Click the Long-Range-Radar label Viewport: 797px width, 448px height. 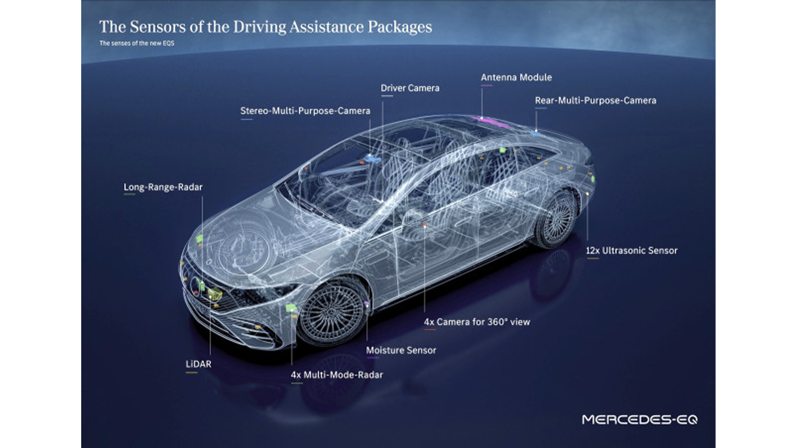point(163,187)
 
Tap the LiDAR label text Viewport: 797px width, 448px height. point(199,364)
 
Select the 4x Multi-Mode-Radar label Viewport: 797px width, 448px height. point(337,375)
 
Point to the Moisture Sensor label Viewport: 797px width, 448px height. point(401,350)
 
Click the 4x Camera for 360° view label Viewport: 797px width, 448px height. point(477,322)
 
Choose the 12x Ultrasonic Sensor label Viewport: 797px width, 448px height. point(632,250)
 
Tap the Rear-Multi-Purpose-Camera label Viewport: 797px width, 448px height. point(596,100)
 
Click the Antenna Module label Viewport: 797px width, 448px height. point(516,77)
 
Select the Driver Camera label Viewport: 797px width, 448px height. point(410,88)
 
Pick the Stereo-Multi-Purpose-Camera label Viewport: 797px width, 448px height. point(305,111)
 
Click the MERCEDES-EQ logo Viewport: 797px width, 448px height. point(640,420)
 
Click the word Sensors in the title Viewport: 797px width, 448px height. point(157,27)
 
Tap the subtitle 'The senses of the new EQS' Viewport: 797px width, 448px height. point(137,43)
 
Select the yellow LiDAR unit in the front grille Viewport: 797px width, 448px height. point(215,294)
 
